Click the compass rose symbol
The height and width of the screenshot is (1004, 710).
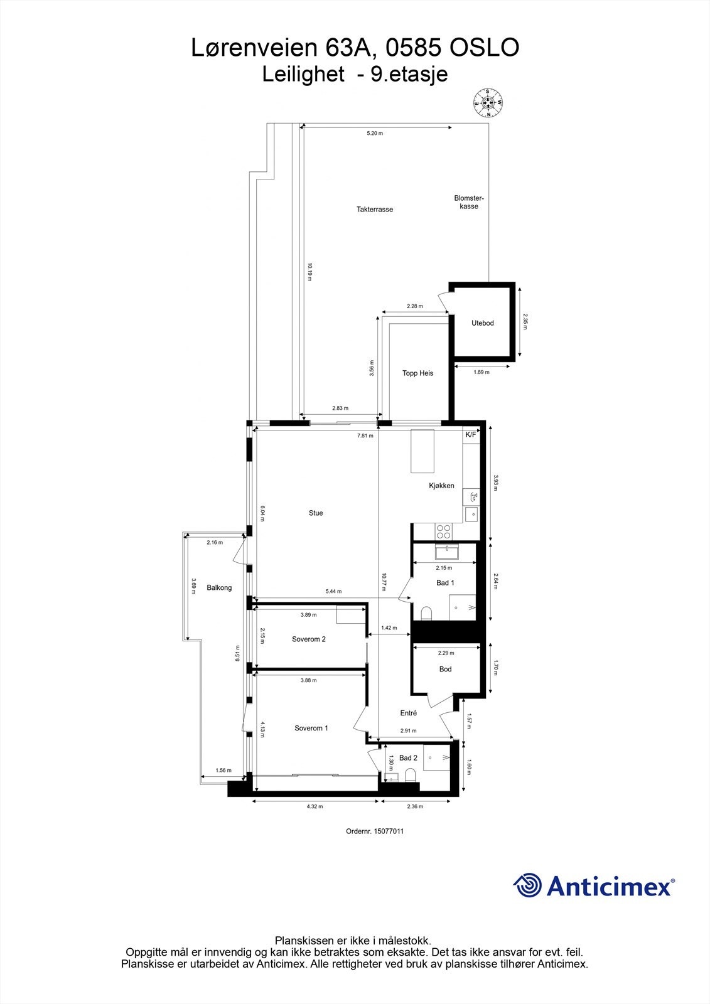point(488,102)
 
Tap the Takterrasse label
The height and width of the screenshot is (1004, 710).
point(375,210)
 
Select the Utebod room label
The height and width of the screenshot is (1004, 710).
point(483,323)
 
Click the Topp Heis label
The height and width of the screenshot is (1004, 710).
point(417,373)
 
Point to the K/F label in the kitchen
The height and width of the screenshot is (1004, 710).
point(471,434)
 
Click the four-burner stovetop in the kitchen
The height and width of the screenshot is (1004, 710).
point(443,531)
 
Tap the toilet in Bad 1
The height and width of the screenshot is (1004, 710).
point(427,612)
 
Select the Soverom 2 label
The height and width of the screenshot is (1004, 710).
point(309,639)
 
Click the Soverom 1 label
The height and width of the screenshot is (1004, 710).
point(311,729)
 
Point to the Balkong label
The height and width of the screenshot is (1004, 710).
point(219,588)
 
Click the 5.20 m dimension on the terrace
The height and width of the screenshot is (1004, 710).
point(375,134)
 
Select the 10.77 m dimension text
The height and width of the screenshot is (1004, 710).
point(383,582)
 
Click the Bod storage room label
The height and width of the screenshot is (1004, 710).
point(445,670)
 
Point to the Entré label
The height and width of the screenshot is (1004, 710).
point(409,713)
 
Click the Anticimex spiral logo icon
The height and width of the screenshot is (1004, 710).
point(527,886)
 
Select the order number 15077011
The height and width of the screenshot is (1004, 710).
point(388,831)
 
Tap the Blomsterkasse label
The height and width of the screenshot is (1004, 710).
point(469,202)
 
